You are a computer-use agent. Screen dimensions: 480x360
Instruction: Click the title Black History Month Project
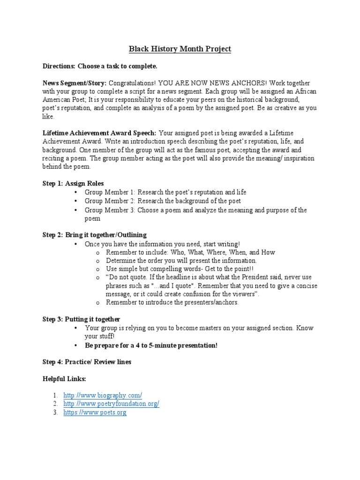point(180,49)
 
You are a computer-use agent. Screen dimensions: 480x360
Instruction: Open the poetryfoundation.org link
point(112,404)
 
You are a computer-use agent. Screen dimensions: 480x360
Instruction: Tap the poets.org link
point(95,412)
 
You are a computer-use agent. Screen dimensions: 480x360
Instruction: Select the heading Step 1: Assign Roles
point(73,183)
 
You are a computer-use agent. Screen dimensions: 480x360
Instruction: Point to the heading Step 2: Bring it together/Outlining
point(95,235)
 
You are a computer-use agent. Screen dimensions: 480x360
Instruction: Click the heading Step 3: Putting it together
point(82,319)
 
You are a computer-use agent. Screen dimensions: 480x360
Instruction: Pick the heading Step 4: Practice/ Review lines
point(87,361)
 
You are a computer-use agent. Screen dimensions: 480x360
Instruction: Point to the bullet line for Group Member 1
point(165,192)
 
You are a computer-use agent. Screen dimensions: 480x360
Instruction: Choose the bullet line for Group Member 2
point(163,201)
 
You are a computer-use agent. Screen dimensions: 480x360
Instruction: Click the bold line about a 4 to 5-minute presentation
point(151,345)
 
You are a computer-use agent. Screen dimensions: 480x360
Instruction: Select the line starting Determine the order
point(181,261)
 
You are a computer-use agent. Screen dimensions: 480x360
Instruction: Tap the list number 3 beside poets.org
point(55,412)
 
